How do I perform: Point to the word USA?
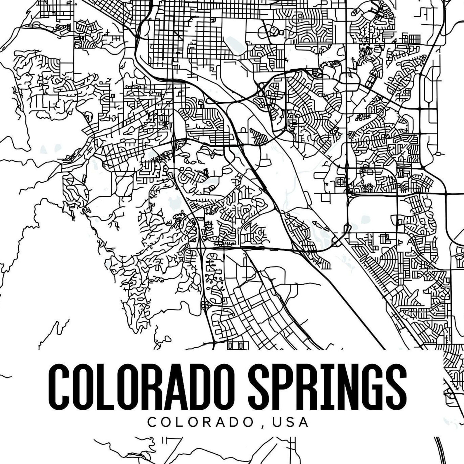coord(290,422)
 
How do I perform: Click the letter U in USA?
coord(277,422)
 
